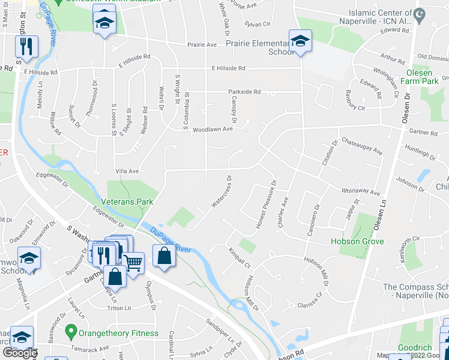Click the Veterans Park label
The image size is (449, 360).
point(127,202)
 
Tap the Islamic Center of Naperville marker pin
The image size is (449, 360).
point(419,13)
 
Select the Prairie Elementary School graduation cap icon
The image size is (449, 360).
point(299,41)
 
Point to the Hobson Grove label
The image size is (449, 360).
point(357,242)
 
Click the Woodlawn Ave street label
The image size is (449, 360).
point(212,129)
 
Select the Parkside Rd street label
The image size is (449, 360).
point(244,92)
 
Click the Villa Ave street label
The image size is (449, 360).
point(127,170)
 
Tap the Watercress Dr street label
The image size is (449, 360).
point(221,191)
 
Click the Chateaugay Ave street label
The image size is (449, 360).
point(361,146)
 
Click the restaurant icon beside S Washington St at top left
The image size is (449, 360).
point(27,46)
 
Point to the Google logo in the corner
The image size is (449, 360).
point(19,353)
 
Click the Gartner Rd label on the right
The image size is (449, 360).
point(423,132)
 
